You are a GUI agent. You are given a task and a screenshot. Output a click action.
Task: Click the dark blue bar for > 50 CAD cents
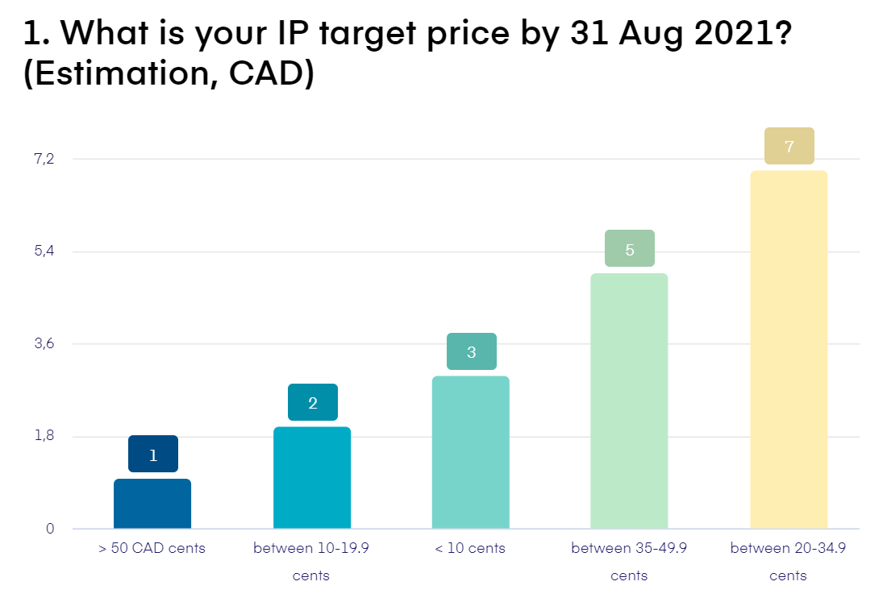152,504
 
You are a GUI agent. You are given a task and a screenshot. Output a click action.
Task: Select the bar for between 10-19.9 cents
312,478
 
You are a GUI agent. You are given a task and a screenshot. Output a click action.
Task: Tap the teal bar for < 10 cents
471,452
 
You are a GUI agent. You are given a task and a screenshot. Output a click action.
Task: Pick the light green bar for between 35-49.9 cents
629,401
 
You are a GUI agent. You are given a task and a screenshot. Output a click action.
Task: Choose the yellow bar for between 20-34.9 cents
789,350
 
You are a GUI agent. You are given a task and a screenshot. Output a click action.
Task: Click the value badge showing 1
153,455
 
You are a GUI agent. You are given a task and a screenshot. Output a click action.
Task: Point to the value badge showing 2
313,403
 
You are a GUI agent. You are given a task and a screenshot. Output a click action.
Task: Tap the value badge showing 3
472,351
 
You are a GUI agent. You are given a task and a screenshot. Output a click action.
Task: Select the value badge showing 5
630,249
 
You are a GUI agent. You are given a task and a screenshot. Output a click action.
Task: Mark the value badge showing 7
789,147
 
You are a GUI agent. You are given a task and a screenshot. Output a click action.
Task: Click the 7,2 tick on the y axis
44,159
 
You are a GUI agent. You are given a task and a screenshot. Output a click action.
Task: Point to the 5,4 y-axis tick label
44,251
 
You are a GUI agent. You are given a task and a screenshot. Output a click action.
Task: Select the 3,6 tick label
44,344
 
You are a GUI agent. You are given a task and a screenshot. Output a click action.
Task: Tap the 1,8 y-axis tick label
44,436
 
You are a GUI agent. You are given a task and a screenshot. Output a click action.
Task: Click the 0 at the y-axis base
49,529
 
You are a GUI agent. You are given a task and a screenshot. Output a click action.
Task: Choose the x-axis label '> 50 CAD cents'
152,548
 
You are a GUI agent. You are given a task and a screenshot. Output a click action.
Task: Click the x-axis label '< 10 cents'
470,548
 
